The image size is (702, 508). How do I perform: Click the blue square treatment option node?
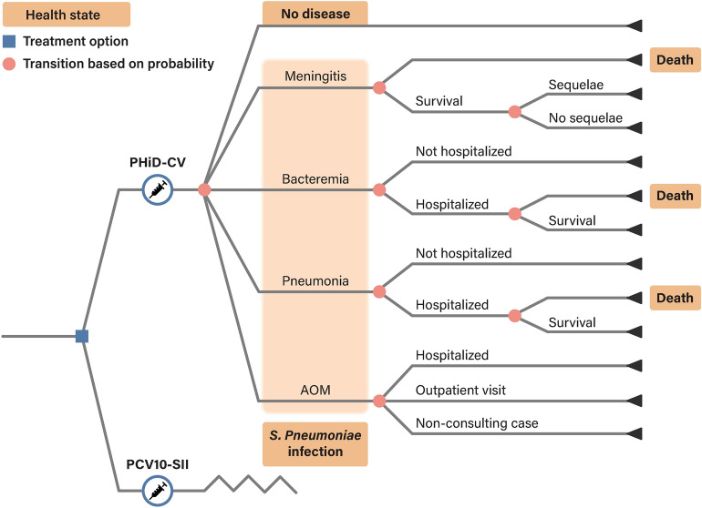point(81,336)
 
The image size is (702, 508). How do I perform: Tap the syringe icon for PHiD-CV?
point(158,189)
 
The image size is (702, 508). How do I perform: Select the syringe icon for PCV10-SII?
point(158,493)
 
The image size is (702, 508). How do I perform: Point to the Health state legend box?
point(65,15)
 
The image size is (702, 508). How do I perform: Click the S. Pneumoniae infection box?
point(315,443)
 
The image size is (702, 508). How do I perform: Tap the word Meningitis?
point(315,75)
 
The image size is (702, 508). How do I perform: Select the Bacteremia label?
point(315,178)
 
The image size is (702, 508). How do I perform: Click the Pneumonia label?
point(315,280)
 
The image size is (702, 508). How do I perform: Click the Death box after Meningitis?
point(675,61)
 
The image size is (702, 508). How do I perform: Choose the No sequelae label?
point(585,117)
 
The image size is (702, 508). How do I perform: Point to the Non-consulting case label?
point(476,422)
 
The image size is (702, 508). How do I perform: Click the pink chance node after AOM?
point(379,401)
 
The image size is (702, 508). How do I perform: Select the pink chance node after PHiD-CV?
point(204,189)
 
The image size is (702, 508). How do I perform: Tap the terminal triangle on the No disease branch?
point(635,25)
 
